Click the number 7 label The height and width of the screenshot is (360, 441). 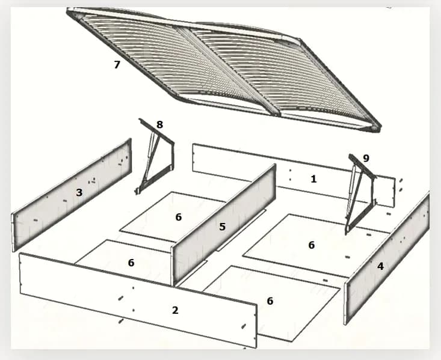pyautogui.click(x=117, y=65)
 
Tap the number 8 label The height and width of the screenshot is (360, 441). pyautogui.click(x=160, y=124)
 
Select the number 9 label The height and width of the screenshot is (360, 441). pyautogui.click(x=366, y=159)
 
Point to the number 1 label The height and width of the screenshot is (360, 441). pyautogui.click(x=313, y=179)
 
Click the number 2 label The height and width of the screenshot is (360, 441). pyautogui.click(x=175, y=310)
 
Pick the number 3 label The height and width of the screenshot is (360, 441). pyautogui.click(x=79, y=192)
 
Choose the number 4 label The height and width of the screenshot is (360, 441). pyautogui.click(x=380, y=266)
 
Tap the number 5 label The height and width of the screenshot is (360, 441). pyautogui.click(x=223, y=227)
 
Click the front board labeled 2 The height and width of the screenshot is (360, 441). pyautogui.click(x=138, y=299)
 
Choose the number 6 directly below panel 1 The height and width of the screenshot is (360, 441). pyautogui.click(x=311, y=245)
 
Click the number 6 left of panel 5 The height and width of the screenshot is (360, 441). pyautogui.click(x=179, y=217)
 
